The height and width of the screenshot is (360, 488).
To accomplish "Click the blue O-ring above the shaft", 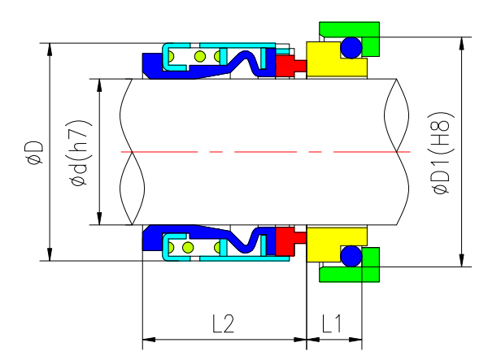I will coord(351,48).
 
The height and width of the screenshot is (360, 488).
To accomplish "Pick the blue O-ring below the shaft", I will coord(351,256).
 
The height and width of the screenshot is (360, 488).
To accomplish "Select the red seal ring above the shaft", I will coord(285,66).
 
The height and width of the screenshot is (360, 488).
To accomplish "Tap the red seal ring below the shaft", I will coord(285,239).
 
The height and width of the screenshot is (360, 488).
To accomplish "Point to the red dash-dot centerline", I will coord(260,152).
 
